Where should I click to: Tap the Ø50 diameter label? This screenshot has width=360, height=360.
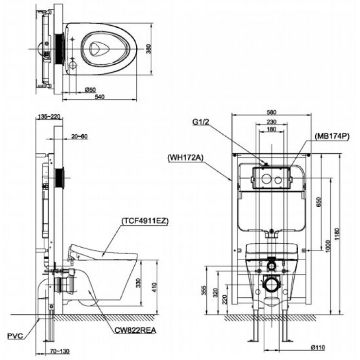pyautogui.click(x=90, y=90)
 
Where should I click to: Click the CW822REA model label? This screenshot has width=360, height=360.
pyautogui.click(x=135, y=329)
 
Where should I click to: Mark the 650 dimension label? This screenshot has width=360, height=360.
pyautogui.click(x=319, y=202)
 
